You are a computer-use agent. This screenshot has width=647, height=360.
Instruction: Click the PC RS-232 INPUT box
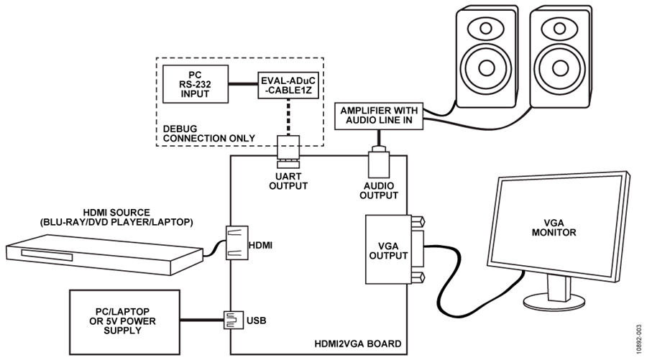196,84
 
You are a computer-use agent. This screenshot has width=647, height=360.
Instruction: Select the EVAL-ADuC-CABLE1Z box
288,86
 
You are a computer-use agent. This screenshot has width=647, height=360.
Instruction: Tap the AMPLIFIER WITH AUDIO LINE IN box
379,116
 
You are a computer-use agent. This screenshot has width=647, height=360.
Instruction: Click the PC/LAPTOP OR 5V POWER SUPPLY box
124,322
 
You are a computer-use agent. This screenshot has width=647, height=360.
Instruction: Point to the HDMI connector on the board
237,242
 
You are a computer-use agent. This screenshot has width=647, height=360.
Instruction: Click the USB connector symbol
234,320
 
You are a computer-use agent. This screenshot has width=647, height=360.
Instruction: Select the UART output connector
288,152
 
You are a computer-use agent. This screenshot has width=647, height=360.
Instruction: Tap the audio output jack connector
378,162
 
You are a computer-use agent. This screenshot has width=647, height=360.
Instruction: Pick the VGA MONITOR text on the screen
554,228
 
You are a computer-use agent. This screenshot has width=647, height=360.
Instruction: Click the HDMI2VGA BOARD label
358,343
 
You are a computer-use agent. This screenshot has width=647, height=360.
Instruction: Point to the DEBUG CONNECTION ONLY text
208,134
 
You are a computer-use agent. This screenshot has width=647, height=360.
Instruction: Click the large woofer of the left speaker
486,68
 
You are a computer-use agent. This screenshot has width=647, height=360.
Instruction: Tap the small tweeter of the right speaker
560,28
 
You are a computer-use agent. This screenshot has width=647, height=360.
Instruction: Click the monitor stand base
554,303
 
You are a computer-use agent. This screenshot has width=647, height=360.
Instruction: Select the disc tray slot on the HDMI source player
47,255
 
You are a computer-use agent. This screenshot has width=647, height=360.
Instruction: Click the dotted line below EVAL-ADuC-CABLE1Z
288,117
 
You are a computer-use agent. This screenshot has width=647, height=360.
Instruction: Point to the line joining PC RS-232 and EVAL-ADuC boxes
243,84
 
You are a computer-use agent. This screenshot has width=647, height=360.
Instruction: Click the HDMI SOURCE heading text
116,213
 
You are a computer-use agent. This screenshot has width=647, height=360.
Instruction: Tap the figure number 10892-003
639,337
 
